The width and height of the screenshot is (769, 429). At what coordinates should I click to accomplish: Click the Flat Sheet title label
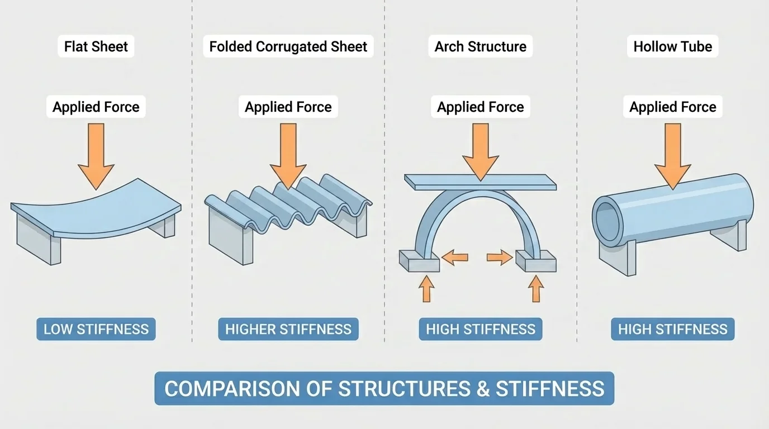point(96,46)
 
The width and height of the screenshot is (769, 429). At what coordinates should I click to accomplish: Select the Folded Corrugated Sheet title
point(288,46)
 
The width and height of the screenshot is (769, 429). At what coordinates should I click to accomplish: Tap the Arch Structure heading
point(480,46)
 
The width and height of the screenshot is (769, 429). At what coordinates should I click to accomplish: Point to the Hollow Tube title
point(672,46)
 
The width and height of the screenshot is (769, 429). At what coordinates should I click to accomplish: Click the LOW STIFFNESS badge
point(96,330)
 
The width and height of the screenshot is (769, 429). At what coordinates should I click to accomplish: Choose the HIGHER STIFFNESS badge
point(288,330)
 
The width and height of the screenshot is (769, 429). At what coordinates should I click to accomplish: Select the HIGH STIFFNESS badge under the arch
point(480,330)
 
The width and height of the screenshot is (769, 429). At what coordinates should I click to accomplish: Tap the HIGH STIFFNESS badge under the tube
point(672,330)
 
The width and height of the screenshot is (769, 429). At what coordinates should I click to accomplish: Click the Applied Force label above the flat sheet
point(96,107)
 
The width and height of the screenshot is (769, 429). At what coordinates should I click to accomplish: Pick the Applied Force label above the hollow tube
point(672,107)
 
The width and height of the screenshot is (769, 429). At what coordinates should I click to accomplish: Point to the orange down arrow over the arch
point(480,151)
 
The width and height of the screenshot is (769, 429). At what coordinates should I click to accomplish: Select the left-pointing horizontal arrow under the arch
point(455,258)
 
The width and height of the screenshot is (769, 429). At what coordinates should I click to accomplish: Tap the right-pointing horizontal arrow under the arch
point(500,258)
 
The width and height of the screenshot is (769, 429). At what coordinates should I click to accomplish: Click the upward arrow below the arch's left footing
point(426,289)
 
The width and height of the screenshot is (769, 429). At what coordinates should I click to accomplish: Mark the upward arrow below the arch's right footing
point(535,289)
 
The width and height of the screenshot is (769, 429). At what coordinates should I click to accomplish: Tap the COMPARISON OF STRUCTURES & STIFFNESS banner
point(384,388)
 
